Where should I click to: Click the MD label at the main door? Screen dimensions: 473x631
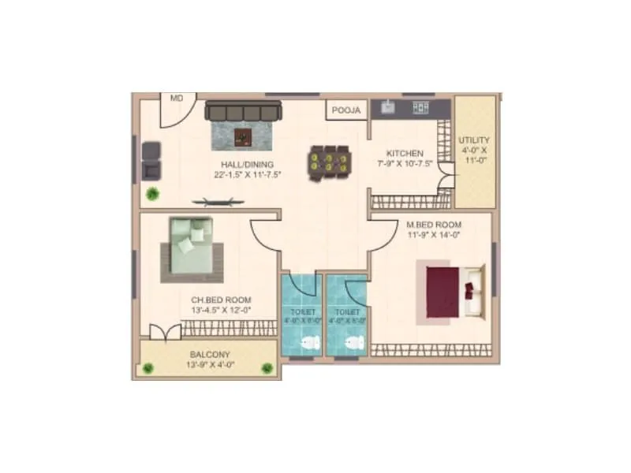coord(177,99)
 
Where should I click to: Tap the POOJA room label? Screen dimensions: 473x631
coord(345,110)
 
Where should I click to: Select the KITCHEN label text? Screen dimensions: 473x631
coord(405,153)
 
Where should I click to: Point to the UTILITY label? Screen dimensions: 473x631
coord(473,140)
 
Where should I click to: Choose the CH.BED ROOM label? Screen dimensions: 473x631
coord(222,300)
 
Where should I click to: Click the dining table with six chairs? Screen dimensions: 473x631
coord(327,162)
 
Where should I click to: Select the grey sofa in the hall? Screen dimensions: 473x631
coord(244,112)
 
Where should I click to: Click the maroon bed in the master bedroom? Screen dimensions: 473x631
coord(446,290)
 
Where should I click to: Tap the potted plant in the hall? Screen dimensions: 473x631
coord(151,193)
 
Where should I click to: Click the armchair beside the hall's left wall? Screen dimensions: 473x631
coord(151,161)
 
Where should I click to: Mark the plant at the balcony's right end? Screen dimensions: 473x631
coord(267,367)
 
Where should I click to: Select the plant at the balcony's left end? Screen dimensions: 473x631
coord(147,367)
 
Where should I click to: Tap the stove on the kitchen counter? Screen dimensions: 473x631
coord(420,106)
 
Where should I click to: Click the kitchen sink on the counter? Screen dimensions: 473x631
coord(388,106)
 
